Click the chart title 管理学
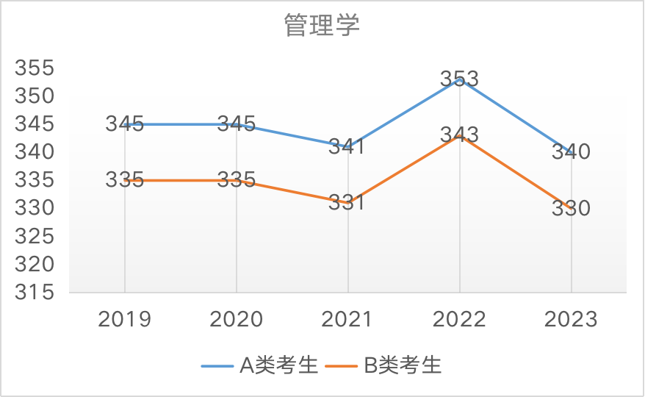click(322, 26)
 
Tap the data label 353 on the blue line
click(459, 79)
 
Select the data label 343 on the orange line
click(459, 135)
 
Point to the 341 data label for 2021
click(346, 146)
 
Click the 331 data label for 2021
click(346, 202)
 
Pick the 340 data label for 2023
click(571, 152)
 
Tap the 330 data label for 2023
click(571, 208)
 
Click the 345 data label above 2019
click(124, 124)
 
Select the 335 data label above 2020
click(236, 179)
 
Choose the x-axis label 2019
click(124, 319)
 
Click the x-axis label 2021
click(347, 319)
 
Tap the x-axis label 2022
click(459, 319)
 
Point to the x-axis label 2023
click(571, 319)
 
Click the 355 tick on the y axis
click(35, 68)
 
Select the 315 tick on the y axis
click(35, 292)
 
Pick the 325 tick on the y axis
click(35, 236)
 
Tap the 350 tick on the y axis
click(35, 96)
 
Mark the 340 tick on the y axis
click(35, 152)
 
